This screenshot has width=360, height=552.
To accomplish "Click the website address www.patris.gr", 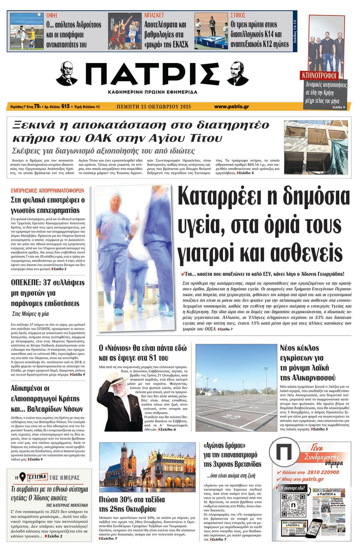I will pyautogui.click(x=231, y=106).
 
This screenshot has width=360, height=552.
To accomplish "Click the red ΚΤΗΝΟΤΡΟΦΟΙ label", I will pyautogui.click(x=319, y=75).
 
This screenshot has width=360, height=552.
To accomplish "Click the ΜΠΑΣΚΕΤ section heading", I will pyautogui.click(x=154, y=15).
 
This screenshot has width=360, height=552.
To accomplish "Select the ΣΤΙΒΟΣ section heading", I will pyautogui.click(x=238, y=15).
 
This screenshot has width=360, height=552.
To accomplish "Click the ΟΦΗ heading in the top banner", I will pyautogui.click(x=52, y=15).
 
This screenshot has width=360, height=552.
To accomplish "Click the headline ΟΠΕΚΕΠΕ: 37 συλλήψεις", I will pyautogui.click(x=48, y=283).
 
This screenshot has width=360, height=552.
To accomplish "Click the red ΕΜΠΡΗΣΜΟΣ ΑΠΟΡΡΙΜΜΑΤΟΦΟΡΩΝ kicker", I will pyautogui.click(x=47, y=190).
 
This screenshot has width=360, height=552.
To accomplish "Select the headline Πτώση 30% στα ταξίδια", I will pyautogui.click(x=132, y=505).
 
